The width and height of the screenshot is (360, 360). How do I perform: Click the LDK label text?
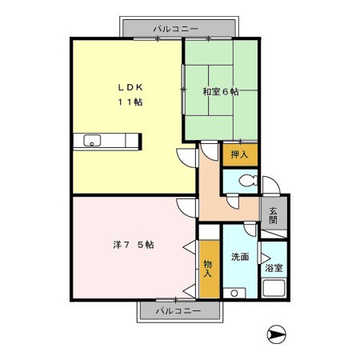130,87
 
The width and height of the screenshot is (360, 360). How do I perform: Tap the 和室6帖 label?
221,92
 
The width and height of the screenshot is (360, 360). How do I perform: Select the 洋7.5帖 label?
134,245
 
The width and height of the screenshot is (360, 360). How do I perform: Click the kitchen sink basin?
92,140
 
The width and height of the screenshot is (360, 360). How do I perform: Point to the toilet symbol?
248,181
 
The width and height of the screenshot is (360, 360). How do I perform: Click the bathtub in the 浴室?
274,288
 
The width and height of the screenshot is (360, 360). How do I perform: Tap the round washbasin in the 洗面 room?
234,294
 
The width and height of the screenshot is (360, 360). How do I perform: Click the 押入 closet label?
239,154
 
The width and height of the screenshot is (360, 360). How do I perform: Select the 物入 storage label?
208,269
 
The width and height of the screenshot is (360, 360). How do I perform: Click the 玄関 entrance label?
273,215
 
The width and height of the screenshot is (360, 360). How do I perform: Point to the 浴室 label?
274,268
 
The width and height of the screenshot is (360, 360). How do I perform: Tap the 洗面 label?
240,257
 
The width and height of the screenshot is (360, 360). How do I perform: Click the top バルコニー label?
176,29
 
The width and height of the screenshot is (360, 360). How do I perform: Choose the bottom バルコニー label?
178,310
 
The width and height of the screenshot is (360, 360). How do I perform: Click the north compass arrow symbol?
277,334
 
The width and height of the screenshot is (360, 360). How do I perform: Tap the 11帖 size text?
130,102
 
